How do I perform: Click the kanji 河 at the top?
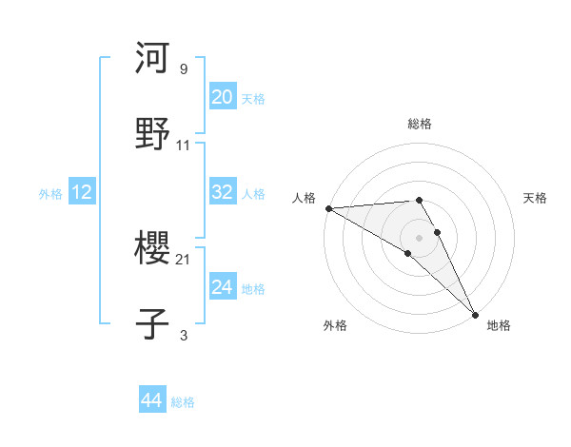coord(153,59)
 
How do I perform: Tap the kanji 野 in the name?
coord(153,134)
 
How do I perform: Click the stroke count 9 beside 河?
coord(184,69)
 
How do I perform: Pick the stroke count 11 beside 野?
coord(184,146)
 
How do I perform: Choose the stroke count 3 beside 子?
coord(184,335)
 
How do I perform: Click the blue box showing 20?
coord(223,97)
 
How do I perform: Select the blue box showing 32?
coord(223,192)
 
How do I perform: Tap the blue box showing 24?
coord(223,286)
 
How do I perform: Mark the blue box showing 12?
coord(82,192)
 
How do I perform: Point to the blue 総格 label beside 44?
coord(183,402)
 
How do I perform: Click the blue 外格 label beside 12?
coord(50,194)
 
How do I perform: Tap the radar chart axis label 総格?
coord(420,124)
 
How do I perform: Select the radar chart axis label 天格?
coord(536,198)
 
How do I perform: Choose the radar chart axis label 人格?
coord(304,198)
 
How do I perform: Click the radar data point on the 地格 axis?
coord(475,315)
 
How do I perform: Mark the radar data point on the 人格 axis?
coord(328,208)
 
